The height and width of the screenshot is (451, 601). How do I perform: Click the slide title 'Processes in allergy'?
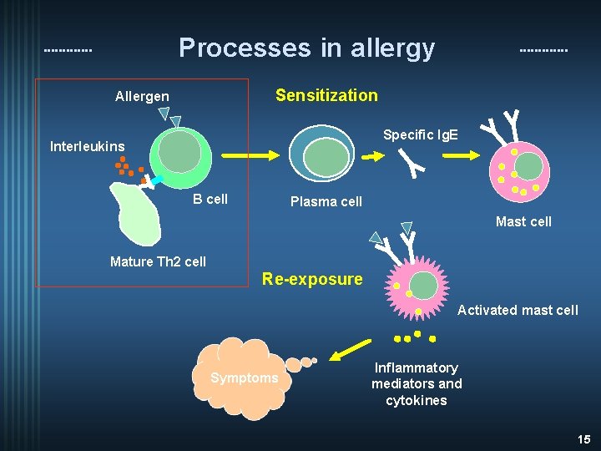coord(306,48)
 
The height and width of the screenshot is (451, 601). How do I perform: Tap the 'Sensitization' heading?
coord(326,95)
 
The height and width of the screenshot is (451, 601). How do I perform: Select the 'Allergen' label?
coord(142,97)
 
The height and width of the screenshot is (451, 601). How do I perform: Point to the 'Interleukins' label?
coord(87,147)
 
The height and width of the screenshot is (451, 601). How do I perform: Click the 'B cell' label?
coord(210,199)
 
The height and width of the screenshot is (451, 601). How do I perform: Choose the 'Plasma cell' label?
coord(326,201)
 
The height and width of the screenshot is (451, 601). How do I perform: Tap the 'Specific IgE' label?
coord(421,134)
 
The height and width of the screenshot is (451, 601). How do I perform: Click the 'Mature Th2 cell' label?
coord(158,261)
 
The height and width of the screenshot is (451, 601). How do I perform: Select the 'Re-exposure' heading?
coord(312,279)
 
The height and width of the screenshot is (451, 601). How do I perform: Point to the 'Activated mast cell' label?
coord(518,311)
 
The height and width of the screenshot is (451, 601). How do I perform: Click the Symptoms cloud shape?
coord(244,378)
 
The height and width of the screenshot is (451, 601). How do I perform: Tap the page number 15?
coord(583,438)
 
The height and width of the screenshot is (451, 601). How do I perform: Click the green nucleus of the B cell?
coord(180,152)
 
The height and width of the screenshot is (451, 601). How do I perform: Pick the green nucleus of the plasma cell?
coord(326,156)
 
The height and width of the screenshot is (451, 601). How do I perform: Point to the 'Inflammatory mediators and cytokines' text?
coord(417,384)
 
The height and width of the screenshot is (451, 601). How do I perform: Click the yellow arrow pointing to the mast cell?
coord(457,155)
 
